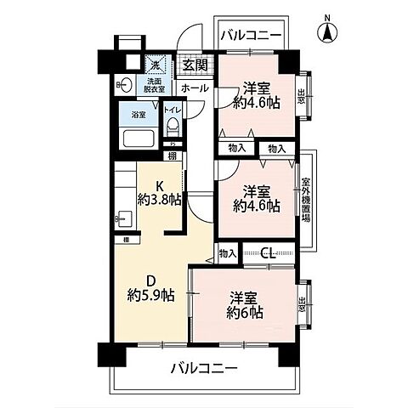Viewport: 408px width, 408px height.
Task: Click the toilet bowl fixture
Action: click(173, 127)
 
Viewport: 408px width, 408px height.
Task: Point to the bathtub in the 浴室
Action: click(138, 139)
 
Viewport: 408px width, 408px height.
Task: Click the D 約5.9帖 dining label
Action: click(151, 289)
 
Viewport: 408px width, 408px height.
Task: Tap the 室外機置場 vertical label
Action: click(305, 199)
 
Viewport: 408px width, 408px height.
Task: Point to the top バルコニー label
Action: click(252, 36)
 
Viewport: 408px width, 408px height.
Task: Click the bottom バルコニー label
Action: click(203, 369)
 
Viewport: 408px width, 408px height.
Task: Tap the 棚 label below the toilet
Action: click(173, 155)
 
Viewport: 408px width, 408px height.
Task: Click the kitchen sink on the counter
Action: click(120, 219)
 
